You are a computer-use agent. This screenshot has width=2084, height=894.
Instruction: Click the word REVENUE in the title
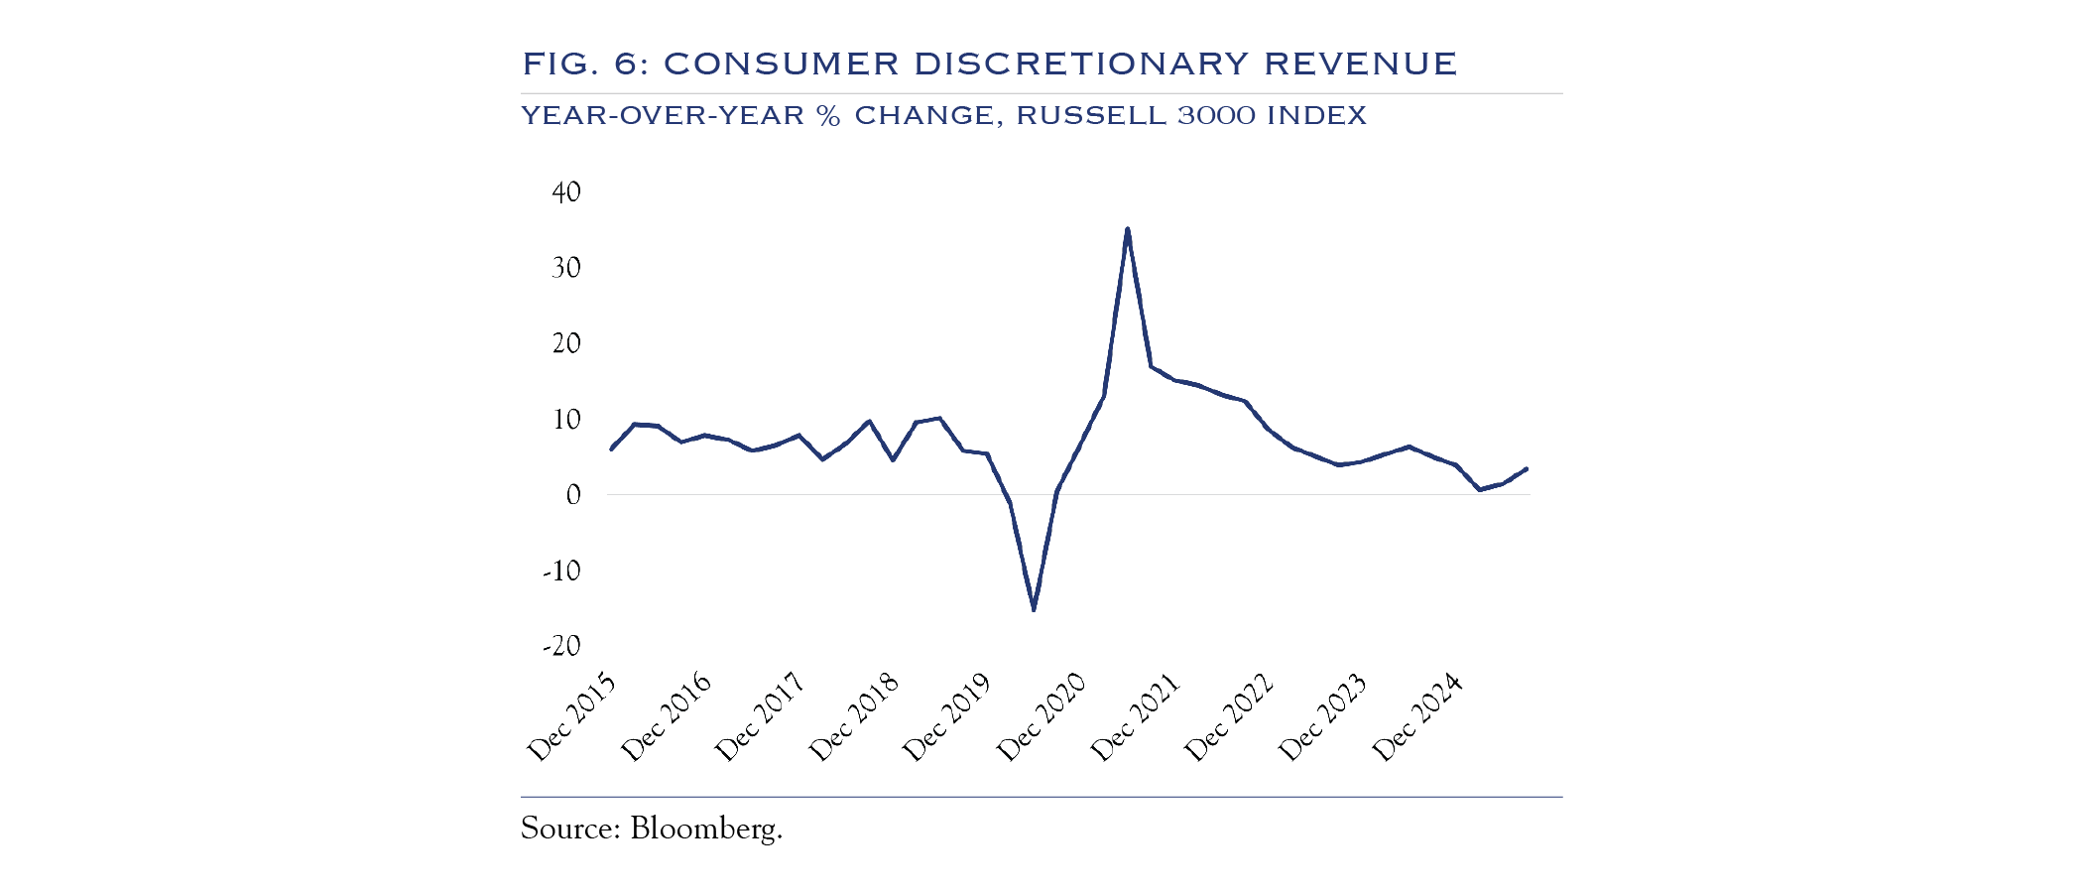(x=1360, y=64)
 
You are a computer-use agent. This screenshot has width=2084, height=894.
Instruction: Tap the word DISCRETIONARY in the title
(x=1079, y=64)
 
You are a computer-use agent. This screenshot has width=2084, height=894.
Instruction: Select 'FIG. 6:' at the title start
(x=585, y=64)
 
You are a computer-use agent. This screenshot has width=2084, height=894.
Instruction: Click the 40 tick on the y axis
(x=566, y=192)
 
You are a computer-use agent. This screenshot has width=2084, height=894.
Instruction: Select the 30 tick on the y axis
(x=566, y=268)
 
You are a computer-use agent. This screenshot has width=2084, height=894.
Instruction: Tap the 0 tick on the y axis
(x=573, y=495)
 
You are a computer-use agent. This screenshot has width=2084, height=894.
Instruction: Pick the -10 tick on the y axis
(x=561, y=572)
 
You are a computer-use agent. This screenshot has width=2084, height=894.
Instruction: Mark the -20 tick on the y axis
(x=561, y=647)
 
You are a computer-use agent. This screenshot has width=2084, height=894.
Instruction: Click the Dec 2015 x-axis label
(x=571, y=718)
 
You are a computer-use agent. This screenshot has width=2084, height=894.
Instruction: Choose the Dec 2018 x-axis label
(x=854, y=718)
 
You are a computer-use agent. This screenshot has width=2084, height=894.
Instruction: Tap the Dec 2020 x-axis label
(x=1042, y=718)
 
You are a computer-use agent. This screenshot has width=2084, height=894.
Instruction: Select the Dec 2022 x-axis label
(x=1229, y=718)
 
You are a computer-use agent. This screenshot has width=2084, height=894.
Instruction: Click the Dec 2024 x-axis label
(x=1417, y=718)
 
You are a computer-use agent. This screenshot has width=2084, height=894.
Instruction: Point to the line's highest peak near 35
(x=1128, y=229)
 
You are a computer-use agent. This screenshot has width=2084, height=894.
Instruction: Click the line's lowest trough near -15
(x=1034, y=609)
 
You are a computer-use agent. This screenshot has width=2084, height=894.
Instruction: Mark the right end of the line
(x=1527, y=468)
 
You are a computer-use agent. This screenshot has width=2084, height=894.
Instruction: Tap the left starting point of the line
(x=611, y=449)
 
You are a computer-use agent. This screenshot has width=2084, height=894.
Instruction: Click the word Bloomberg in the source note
(x=705, y=829)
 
